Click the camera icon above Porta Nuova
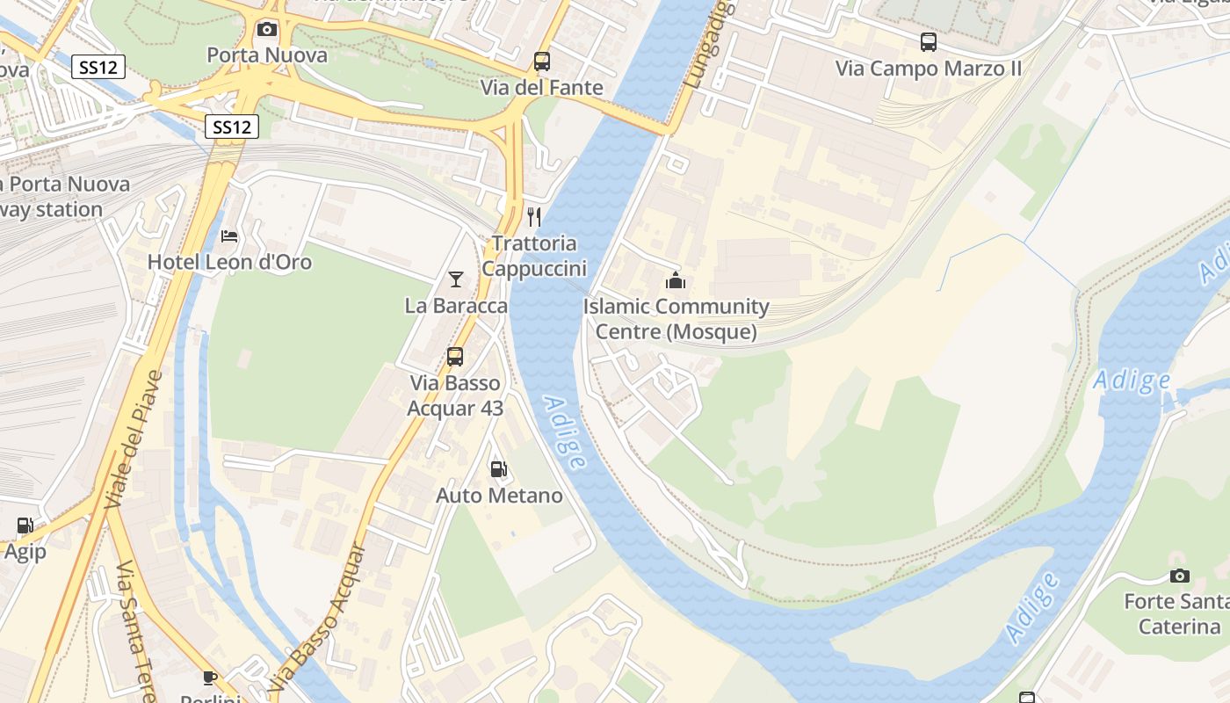point(267,30)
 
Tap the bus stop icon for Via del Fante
point(542,62)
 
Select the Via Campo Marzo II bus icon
point(929,42)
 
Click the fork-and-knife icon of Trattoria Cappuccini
point(534,216)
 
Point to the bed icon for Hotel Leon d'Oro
point(229,236)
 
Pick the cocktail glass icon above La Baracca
point(455,279)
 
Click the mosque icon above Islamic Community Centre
point(676,280)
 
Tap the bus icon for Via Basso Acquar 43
point(454,357)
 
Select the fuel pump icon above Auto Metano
point(499,469)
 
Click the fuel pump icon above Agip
point(25,525)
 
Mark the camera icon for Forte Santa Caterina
point(1180,576)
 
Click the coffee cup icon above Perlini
point(210,677)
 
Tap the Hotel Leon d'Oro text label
point(229,262)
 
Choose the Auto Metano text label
point(499,496)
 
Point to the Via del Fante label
point(541,88)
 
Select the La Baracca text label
point(456,306)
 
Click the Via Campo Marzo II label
point(928,69)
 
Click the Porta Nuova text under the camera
point(267,55)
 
